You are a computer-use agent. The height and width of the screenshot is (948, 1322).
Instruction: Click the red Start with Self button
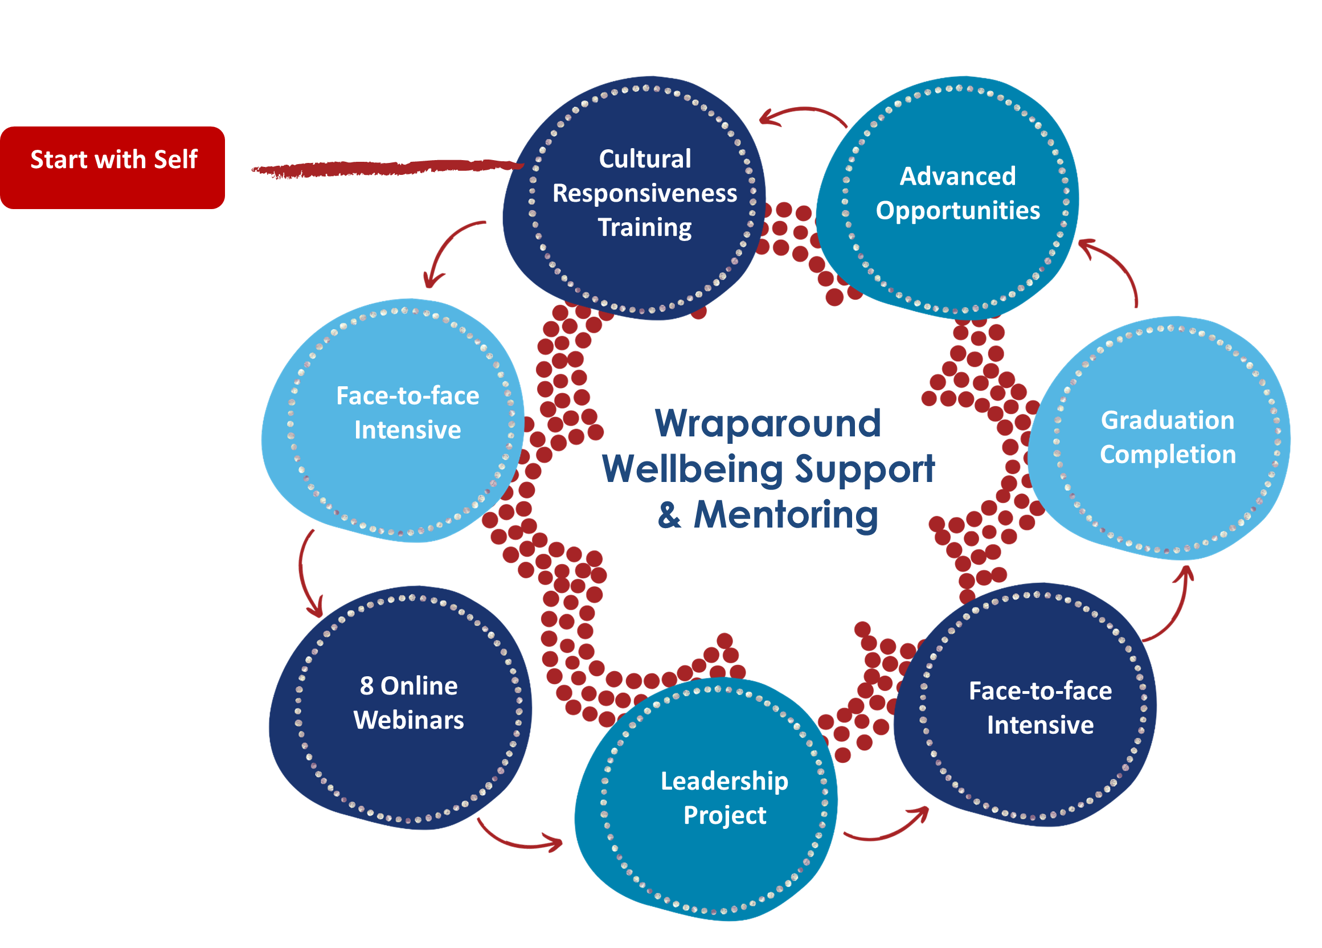point(113,167)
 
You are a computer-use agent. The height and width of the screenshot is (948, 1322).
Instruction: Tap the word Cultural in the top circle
point(645,158)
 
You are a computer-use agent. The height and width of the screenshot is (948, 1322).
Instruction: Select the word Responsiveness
point(644,193)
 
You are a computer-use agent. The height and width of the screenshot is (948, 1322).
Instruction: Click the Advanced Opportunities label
point(957,193)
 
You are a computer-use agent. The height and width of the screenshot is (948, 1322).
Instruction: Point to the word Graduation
point(1167,420)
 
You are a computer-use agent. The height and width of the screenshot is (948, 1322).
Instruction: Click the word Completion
point(1168,454)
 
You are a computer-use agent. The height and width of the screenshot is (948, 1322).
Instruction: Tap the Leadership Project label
point(724,797)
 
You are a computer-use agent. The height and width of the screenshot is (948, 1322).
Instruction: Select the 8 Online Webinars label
point(408,702)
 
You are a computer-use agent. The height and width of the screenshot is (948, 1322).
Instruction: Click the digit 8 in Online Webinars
point(367,685)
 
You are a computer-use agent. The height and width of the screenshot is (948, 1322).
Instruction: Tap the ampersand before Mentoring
point(670,516)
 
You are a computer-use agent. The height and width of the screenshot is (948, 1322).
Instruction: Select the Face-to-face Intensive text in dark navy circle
point(1040,708)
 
